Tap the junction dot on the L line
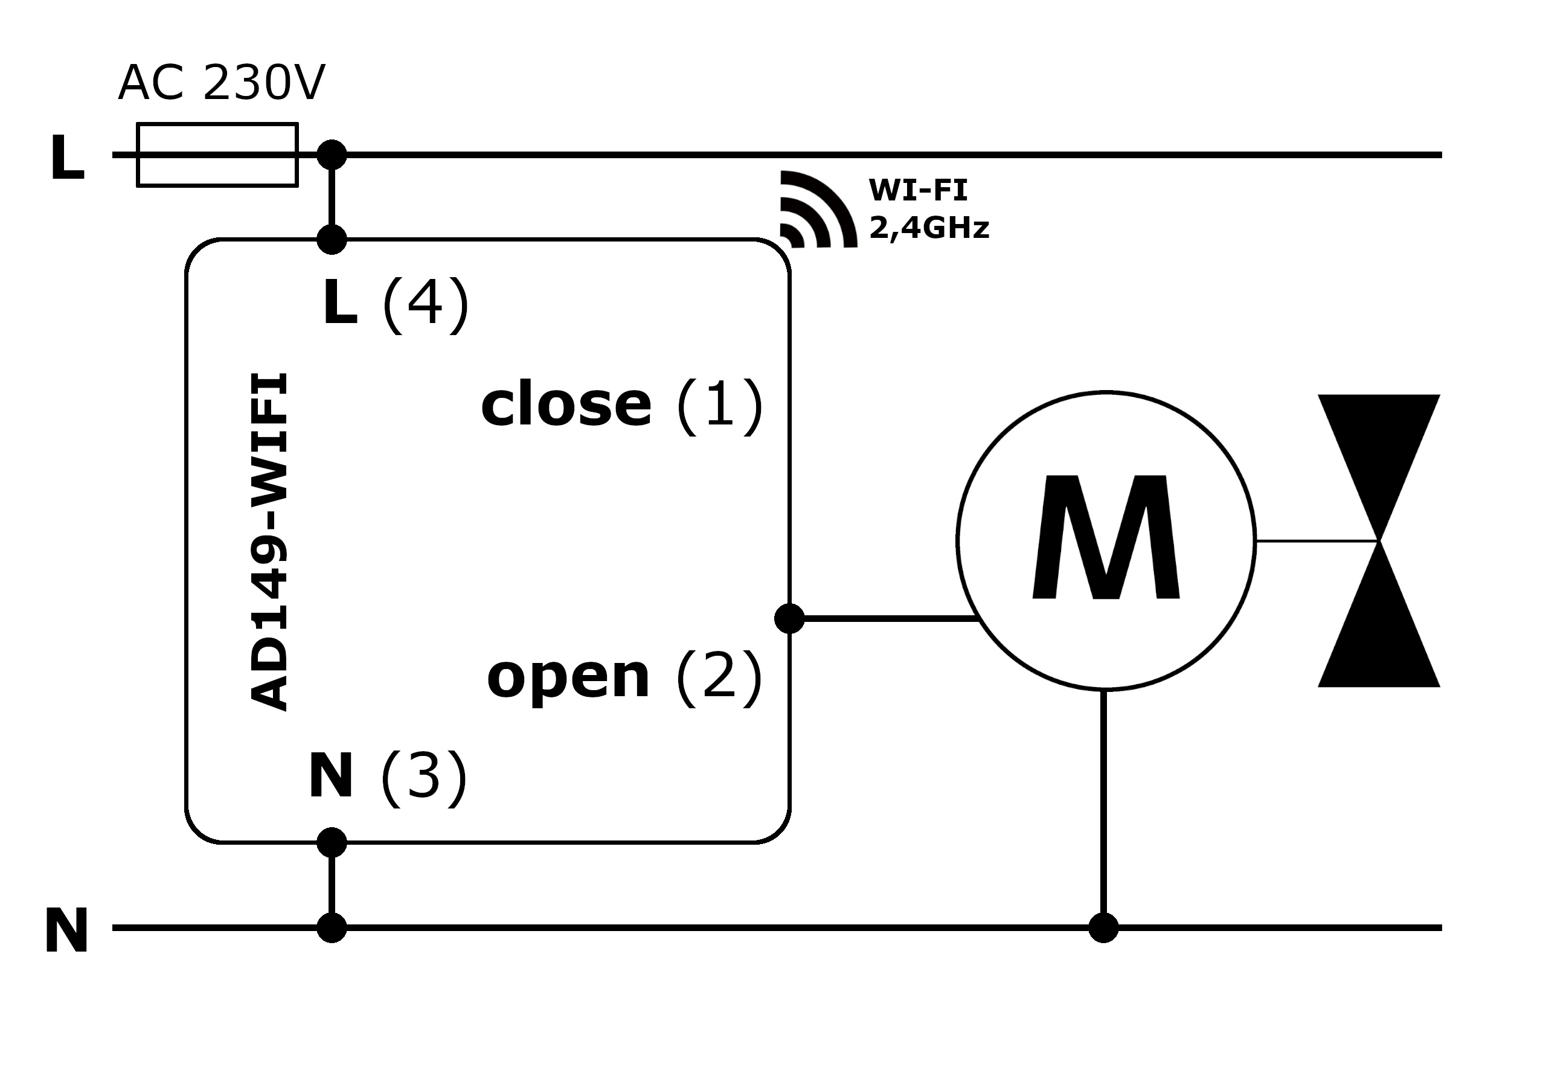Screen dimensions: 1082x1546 tap(332, 155)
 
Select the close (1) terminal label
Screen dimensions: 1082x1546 tap(621, 405)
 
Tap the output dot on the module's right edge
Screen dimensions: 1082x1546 tap(789, 618)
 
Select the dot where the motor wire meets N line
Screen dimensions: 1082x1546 tap(1103, 928)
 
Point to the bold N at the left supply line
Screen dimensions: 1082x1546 tap(66, 930)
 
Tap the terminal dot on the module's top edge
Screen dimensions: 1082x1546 tap(332, 239)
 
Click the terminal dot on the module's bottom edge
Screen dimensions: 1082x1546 tap(332, 842)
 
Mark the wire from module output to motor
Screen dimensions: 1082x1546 tap(889, 618)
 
